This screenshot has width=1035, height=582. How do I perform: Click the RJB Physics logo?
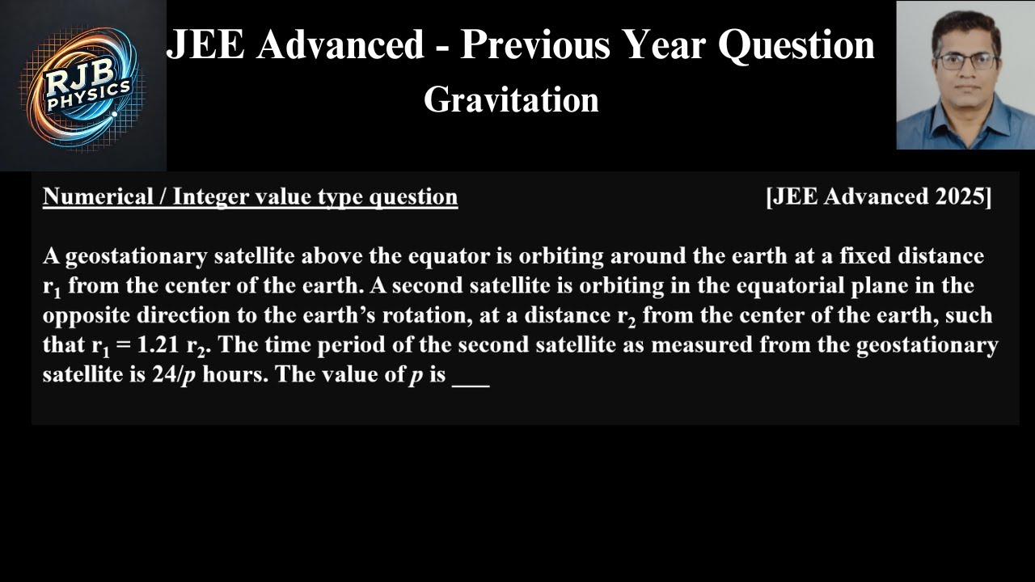(x=83, y=86)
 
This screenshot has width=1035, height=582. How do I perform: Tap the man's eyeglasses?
(x=966, y=61)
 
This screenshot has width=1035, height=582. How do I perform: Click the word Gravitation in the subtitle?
(x=511, y=100)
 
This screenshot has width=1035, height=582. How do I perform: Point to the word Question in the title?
(x=796, y=45)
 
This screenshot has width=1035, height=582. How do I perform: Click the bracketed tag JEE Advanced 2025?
(x=878, y=196)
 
